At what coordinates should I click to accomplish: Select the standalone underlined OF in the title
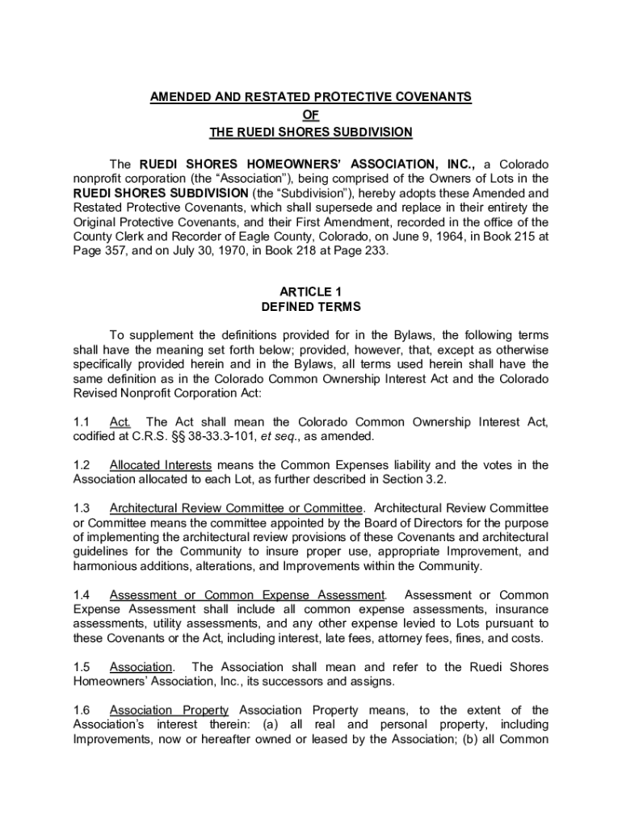pyautogui.click(x=311, y=115)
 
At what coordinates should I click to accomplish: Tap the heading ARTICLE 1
pyautogui.click(x=311, y=291)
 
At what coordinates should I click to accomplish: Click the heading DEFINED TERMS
pyautogui.click(x=311, y=307)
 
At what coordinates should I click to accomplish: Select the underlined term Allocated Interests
pyautogui.click(x=161, y=465)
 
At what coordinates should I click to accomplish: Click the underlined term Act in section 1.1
pyautogui.click(x=120, y=422)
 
